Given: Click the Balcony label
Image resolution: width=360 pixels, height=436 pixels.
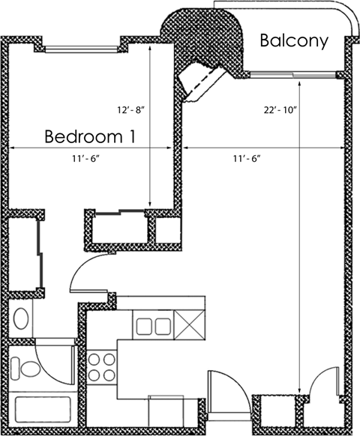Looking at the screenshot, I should tap(294, 40).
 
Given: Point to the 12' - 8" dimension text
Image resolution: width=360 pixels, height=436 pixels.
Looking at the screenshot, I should tap(129, 110).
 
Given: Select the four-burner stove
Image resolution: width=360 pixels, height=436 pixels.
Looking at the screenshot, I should tap(101, 366).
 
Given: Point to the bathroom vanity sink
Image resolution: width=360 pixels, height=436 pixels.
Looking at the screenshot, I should tap(22, 317).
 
